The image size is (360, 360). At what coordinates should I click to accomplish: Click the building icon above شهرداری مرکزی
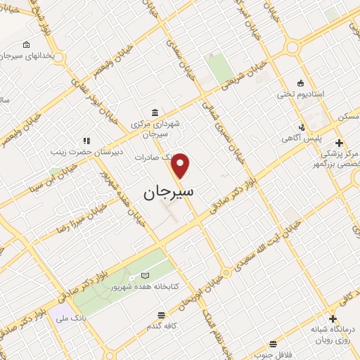155,112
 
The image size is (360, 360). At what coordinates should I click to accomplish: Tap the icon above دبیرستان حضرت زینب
87,141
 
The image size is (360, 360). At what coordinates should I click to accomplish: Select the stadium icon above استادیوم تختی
301,82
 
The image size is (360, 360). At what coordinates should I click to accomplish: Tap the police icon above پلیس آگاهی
301,128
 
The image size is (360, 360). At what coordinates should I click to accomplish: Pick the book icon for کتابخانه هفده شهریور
146,275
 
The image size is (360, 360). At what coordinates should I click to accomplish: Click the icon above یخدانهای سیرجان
26,45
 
